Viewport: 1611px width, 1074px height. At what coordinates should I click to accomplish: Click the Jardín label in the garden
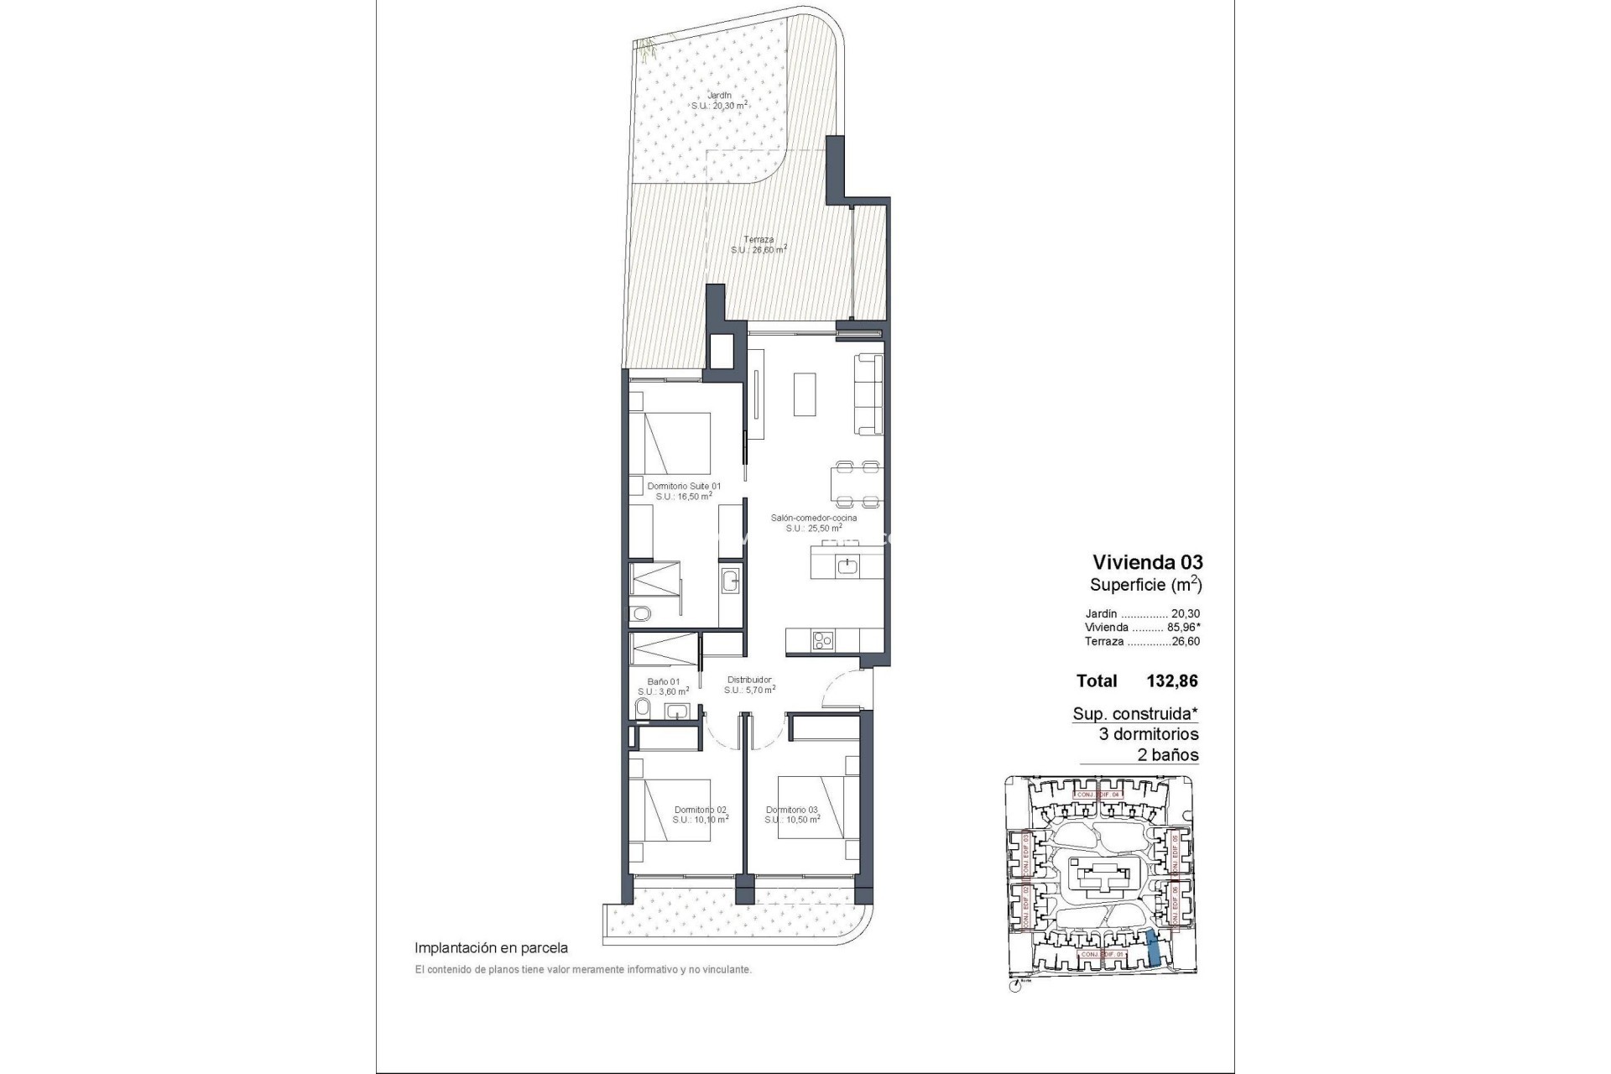click(x=719, y=96)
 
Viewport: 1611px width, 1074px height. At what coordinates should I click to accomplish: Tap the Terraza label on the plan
click(x=759, y=240)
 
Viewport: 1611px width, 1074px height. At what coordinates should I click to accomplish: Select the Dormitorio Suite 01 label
click(x=684, y=486)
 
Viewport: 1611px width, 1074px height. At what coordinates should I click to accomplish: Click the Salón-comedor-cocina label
click(x=814, y=519)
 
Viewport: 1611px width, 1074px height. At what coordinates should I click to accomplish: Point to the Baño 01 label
click(x=663, y=681)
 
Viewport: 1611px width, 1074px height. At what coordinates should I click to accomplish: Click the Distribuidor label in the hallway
click(x=749, y=680)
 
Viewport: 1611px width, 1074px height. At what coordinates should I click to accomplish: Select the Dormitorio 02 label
click(x=701, y=810)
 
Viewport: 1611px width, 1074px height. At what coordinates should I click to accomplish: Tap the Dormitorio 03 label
click(x=792, y=810)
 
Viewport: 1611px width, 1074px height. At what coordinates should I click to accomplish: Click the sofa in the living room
click(x=868, y=394)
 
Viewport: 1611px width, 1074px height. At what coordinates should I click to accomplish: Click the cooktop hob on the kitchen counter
click(x=823, y=642)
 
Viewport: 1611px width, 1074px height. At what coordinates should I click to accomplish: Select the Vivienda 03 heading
click(x=1147, y=562)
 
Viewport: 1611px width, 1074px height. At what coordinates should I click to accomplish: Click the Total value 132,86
click(x=1172, y=681)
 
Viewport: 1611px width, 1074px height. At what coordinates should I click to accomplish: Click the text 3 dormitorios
click(x=1148, y=734)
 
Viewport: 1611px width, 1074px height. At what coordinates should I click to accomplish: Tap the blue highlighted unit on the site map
click(x=1155, y=948)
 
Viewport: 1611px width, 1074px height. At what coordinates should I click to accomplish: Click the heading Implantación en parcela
click(x=491, y=948)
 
